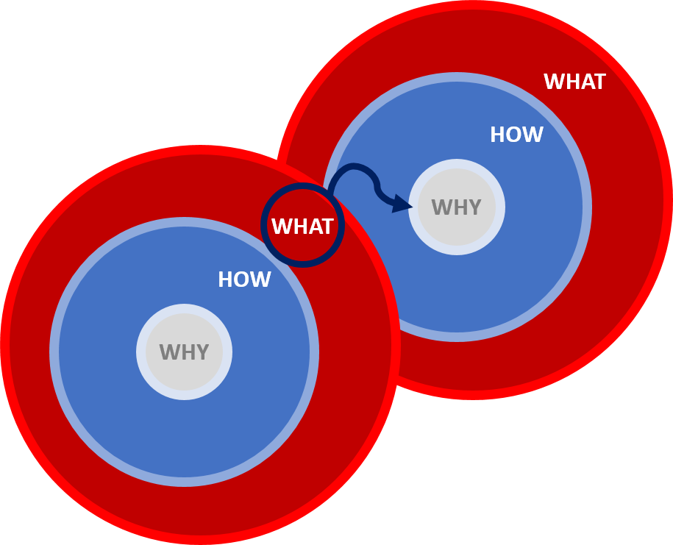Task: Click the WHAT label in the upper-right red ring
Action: coord(574,82)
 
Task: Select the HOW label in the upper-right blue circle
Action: coord(516,135)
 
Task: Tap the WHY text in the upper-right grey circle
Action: coord(456,208)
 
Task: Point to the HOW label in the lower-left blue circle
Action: coord(244,280)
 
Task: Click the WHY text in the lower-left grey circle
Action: coord(184,353)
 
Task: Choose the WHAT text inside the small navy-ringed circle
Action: coord(302,227)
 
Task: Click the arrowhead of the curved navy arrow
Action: coord(403,204)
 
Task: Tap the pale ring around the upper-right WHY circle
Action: coord(457,164)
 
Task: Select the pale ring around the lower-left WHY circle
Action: coord(184,309)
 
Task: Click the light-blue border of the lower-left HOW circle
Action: coord(184,222)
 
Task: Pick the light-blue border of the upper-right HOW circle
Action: coord(457,77)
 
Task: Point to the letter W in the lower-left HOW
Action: coord(261,280)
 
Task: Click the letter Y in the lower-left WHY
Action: coord(202,353)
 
